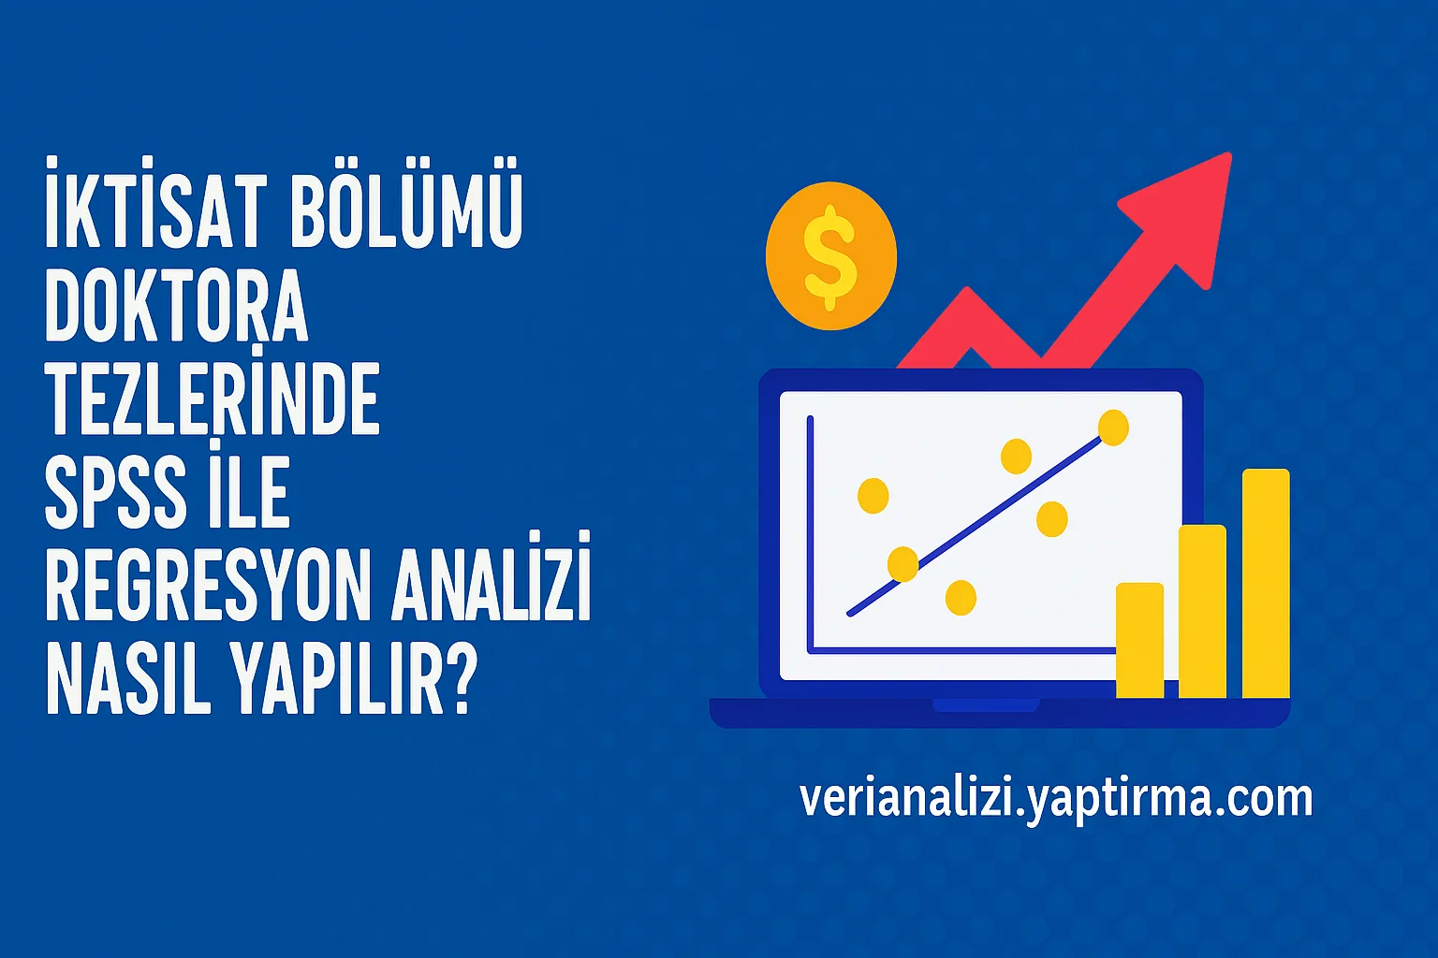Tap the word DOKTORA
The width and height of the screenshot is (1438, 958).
coord(176,307)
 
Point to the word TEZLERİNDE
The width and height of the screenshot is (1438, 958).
coord(213,399)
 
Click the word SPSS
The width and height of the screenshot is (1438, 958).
coord(114,494)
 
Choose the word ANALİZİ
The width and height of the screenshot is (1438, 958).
coord(491,588)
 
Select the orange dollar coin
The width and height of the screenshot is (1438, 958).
coord(830,256)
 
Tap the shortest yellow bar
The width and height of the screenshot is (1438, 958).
coord(1139,640)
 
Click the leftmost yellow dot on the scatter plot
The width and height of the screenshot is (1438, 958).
coord(873,495)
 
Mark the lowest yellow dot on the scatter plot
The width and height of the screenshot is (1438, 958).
coord(961,597)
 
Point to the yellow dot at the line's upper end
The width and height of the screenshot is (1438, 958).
coord(1113,428)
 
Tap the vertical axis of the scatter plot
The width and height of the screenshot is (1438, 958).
coord(811,533)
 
